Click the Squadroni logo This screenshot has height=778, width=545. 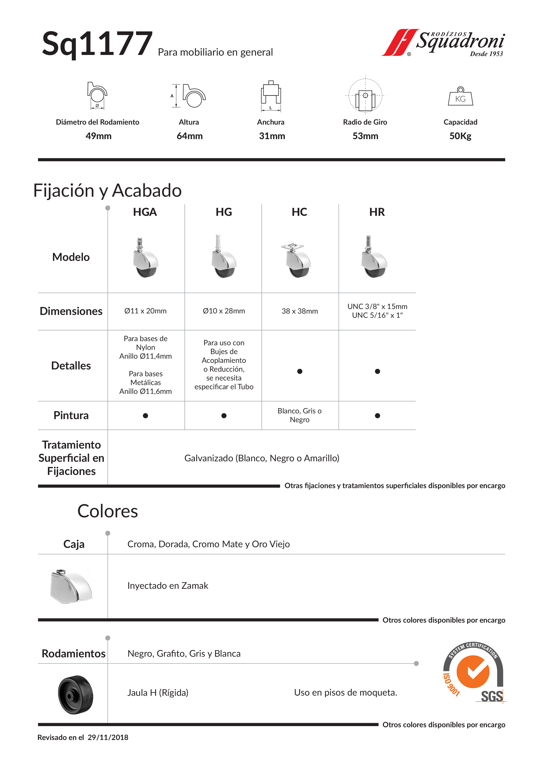pyautogui.click(x=443, y=43)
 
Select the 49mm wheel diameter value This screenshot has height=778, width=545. pyautogui.click(x=98, y=136)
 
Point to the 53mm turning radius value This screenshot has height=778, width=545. pyautogui.click(x=365, y=136)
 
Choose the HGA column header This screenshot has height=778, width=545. pyautogui.click(x=145, y=212)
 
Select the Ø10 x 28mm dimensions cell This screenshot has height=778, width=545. pyautogui.click(x=224, y=311)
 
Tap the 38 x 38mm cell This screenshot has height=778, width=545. pyautogui.click(x=300, y=311)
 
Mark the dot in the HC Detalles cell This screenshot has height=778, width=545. pyautogui.click(x=300, y=371)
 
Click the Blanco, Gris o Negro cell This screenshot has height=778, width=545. pyautogui.click(x=300, y=415)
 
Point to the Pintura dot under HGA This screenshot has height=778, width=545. pyautogui.click(x=145, y=416)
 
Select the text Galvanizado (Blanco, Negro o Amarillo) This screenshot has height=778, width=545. pyautogui.click(x=262, y=458)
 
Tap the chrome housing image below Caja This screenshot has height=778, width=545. pyautogui.click(x=71, y=586)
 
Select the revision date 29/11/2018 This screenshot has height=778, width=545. pyautogui.click(x=108, y=737)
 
